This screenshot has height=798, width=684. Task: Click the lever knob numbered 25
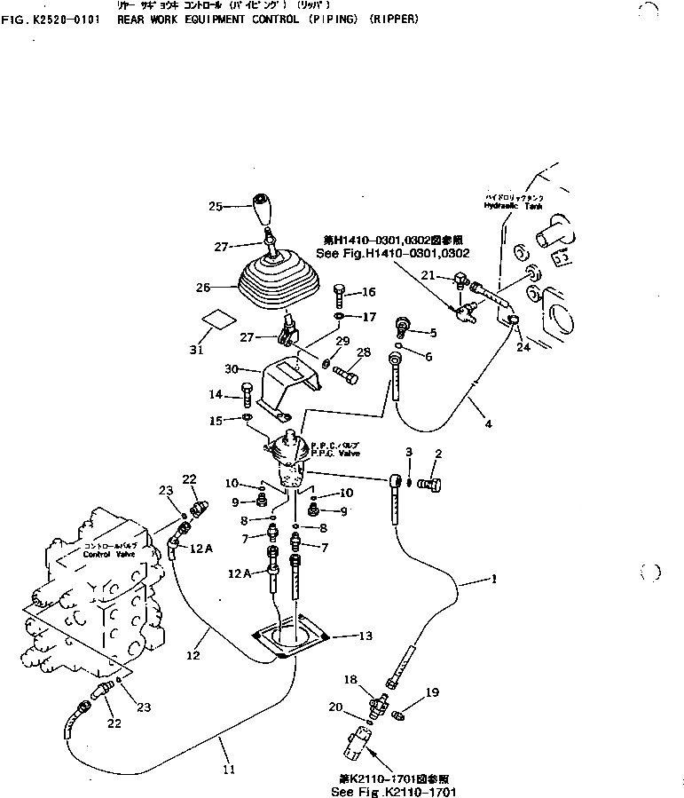point(263,209)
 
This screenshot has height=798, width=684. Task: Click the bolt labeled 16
point(341,294)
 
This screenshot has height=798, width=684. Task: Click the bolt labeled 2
point(433,484)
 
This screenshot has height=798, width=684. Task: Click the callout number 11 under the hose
point(228,769)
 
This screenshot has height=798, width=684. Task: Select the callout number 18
point(350,679)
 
